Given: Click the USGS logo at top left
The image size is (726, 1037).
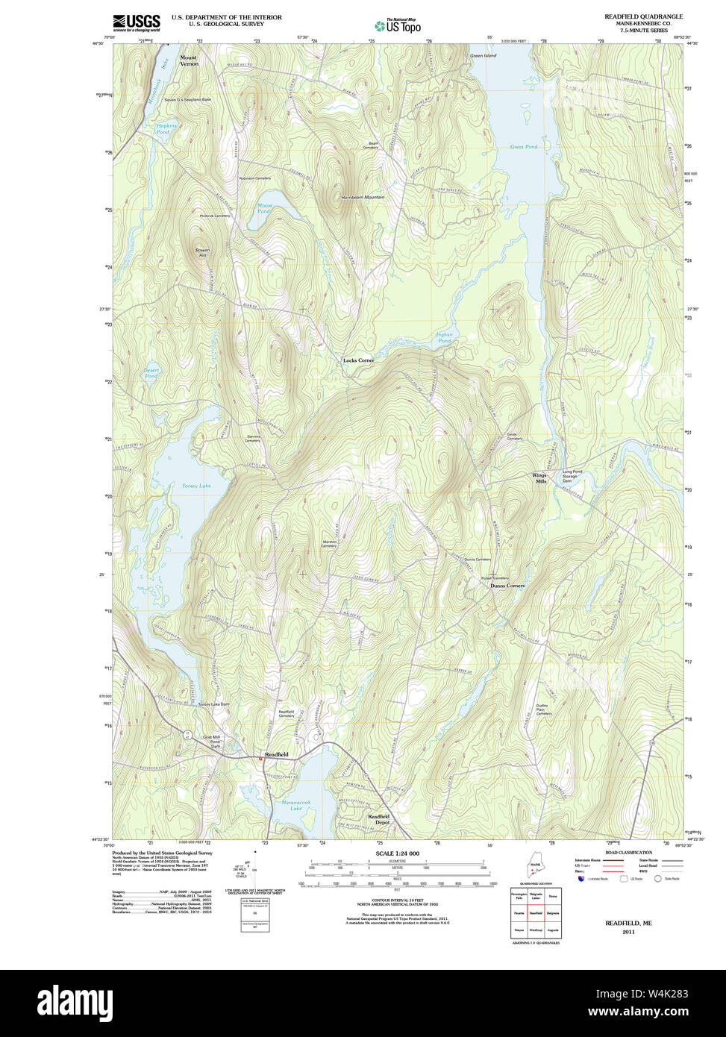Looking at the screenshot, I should (x=137, y=22).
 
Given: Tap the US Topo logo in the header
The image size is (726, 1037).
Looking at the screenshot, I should (x=398, y=26).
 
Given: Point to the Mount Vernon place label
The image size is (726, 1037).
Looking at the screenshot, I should (x=189, y=60).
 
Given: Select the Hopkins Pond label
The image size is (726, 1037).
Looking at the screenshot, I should (x=167, y=129).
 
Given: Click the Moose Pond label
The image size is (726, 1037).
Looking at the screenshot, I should (x=265, y=208).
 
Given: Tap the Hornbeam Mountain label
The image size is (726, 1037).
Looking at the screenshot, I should (x=363, y=197).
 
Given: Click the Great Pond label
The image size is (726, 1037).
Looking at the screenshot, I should (x=524, y=147).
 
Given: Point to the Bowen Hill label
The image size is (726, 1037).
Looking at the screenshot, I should (x=202, y=252).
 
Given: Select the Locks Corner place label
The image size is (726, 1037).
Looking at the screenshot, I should (x=358, y=360).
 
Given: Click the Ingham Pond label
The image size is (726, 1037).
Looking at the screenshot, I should (x=444, y=337).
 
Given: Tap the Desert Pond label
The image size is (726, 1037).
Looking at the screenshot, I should (x=151, y=374).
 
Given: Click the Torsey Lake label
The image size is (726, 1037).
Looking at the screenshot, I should (x=196, y=486).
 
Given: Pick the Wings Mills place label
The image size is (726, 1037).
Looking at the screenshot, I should (x=539, y=478).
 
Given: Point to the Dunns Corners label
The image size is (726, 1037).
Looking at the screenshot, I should (x=507, y=586).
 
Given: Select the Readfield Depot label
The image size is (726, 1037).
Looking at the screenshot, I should (x=378, y=819).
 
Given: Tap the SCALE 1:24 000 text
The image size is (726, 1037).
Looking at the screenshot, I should (x=397, y=853).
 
